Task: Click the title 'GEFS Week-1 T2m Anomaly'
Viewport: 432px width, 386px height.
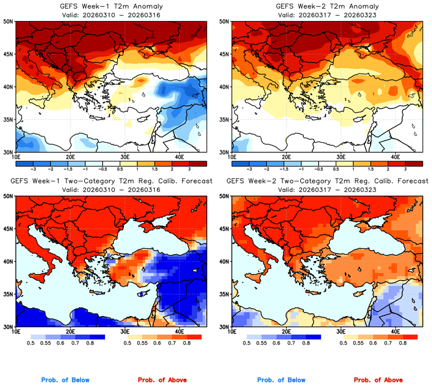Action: tap(111, 6)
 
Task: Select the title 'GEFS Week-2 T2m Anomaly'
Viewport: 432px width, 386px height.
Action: tap(326, 6)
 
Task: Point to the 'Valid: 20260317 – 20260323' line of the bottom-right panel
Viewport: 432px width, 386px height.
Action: tap(326, 190)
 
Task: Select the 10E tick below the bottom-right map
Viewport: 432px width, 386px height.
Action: tap(232, 333)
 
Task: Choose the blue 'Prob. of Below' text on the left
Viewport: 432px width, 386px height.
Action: tap(65, 380)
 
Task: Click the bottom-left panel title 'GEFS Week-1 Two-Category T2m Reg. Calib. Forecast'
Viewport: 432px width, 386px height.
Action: tap(111, 181)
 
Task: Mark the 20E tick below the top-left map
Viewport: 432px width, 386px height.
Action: tap(70, 157)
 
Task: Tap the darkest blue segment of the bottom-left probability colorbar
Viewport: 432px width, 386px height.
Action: tap(96, 337)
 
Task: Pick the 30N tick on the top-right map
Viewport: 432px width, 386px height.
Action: tap(225, 152)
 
